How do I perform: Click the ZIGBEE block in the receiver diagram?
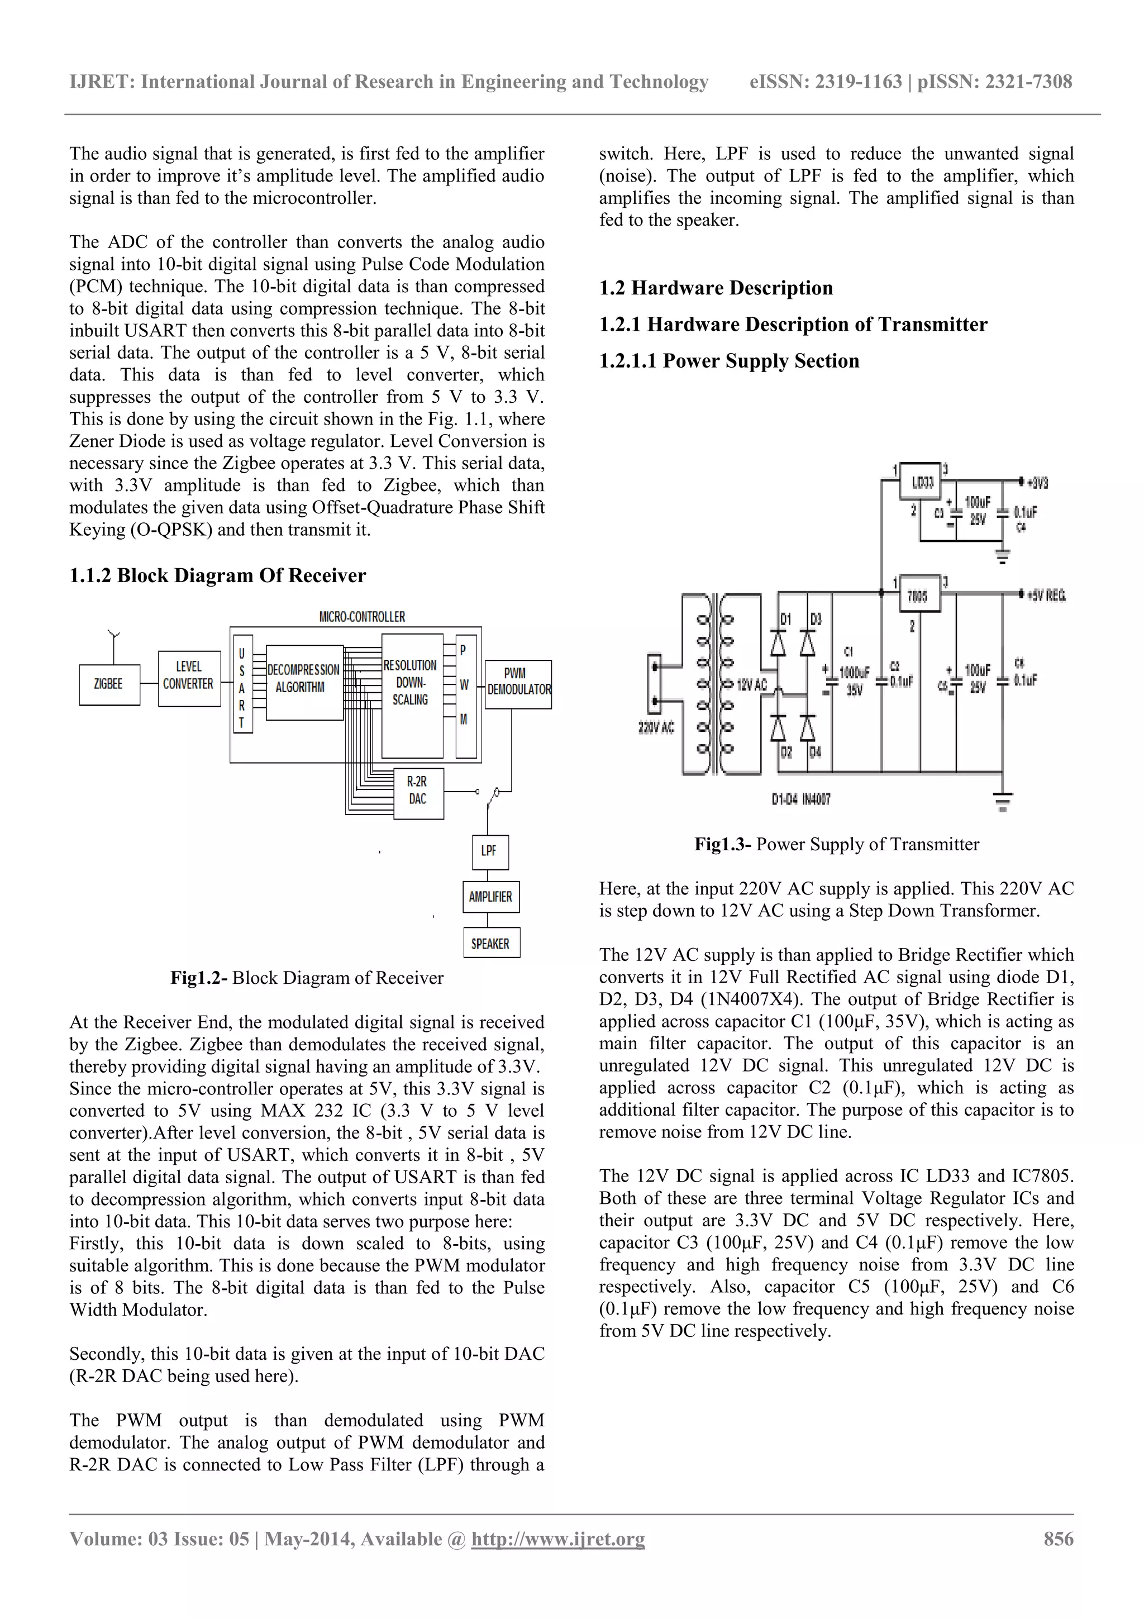click(x=108, y=685)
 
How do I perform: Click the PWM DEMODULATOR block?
click(x=518, y=683)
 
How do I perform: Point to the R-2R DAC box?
click(x=418, y=791)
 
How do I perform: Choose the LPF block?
click(x=489, y=851)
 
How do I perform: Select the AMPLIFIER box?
click(x=490, y=897)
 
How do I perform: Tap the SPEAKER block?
click(x=490, y=944)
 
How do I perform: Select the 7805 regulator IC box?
click(x=918, y=596)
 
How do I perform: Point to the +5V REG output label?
click(x=1046, y=596)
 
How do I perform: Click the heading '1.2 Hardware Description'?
click(x=716, y=288)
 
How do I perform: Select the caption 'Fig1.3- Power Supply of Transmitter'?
click(x=837, y=845)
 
